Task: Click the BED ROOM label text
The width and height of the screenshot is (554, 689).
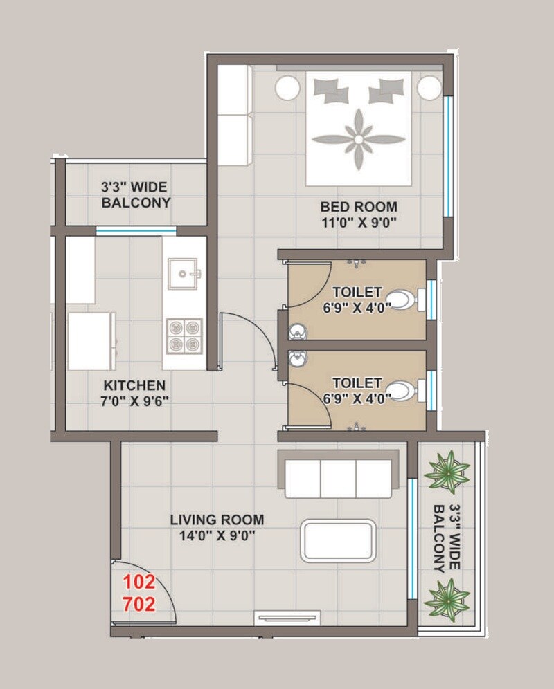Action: point(358,206)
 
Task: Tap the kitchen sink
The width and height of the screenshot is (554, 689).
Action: point(183,274)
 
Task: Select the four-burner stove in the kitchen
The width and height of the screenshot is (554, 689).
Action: point(184,336)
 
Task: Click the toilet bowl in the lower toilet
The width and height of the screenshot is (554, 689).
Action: point(400,391)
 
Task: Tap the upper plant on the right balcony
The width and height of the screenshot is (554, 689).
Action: point(446,472)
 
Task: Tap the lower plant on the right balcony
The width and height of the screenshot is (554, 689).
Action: point(446,598)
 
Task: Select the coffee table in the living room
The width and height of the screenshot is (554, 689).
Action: point(338,540)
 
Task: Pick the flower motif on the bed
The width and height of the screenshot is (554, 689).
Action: point(358,139)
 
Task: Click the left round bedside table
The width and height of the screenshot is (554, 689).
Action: point(287,89)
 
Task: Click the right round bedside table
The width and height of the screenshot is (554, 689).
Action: point(429,89)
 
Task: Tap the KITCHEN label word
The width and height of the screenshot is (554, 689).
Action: point(134,385)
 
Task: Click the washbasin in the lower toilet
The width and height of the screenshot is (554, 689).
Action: point(298,360)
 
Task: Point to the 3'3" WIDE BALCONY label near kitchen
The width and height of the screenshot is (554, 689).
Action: point(136,194)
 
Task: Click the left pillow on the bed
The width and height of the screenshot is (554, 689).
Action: point(331,89)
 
